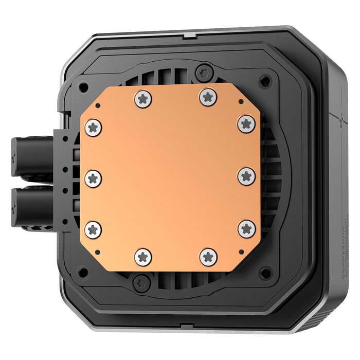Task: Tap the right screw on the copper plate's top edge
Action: [x=208, y=96]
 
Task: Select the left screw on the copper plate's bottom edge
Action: [x=142, y=256]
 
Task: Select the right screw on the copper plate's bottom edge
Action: [x=208, y=256]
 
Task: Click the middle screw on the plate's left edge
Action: [x=93, y=178]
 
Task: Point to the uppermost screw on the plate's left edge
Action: [x=93, y=127]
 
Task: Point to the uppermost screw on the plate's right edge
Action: [x=246, y=123]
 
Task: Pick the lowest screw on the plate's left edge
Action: [x=93, y=229]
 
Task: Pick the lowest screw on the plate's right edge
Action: [x=247, y=228]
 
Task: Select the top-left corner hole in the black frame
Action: [x=84, y=86]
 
